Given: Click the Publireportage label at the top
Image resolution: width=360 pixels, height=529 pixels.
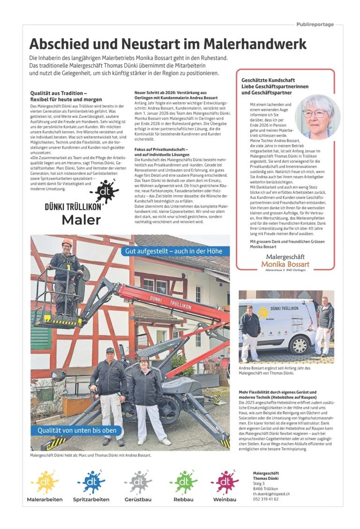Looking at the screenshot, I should (x=315, y=24).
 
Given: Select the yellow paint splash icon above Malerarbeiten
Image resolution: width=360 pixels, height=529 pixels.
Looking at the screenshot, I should (x=45, y=481).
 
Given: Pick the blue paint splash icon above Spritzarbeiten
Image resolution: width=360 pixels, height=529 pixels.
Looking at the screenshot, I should (x=91, y=481).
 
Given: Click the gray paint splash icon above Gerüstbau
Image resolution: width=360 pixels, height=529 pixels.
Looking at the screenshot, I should (x=138, y=481).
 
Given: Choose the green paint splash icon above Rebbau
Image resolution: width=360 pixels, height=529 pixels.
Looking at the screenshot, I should (x=183, y=481).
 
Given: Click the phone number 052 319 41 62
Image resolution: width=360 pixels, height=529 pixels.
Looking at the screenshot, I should (x=265, y=499).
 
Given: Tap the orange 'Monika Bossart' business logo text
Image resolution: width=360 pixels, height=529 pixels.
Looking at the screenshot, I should (x=285, y=264).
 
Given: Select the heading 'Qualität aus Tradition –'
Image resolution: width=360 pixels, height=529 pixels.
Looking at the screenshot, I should (x=59, y=93).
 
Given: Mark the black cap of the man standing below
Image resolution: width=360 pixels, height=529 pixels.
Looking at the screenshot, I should (x=110, y=350).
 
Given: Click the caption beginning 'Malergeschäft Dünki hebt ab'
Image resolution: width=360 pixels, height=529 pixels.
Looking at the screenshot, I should (x=90, y=455).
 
